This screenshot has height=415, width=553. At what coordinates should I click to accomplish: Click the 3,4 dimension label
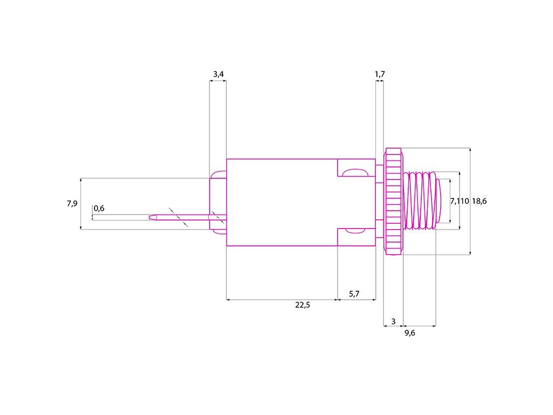tap(217, 74)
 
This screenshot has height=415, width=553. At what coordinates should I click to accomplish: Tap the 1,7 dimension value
tap(380, 74)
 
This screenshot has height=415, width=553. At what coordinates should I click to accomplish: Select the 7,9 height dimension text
tap(72, 204)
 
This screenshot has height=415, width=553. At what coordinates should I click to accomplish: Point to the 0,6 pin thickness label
tap(99, 209)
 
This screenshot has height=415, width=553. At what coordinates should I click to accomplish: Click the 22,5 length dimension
tap(302, 305)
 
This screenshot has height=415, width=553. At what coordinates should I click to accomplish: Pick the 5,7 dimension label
tap(354, 294)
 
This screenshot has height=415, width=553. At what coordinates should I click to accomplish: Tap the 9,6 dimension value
tap(410, 333)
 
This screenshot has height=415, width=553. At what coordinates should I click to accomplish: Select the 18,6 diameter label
tap(479, 201)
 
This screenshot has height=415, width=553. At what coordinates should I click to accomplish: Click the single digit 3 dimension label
tap(393, 322)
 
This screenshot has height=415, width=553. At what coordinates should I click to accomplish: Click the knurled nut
tap(393, 201)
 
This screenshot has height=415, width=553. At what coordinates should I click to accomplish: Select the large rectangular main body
tap(281, 202)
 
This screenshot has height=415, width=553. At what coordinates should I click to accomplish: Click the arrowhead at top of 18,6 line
tap(471, 150)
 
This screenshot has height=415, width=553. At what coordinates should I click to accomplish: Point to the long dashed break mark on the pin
tap(178, 217)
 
